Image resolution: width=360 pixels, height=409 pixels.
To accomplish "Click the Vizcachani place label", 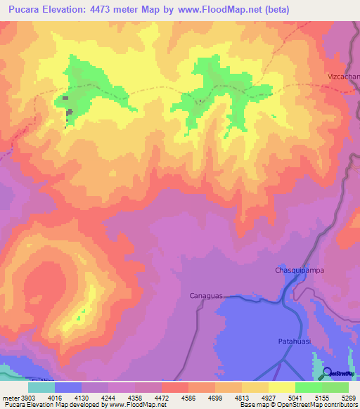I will pos(344,76).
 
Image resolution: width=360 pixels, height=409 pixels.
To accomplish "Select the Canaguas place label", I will pos(206,296).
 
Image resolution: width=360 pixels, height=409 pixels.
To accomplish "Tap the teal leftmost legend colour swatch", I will pos(41,387).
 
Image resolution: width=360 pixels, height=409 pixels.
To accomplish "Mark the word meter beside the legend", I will pos(11,398).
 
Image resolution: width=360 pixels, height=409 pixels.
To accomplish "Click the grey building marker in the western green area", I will pos(69,111).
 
